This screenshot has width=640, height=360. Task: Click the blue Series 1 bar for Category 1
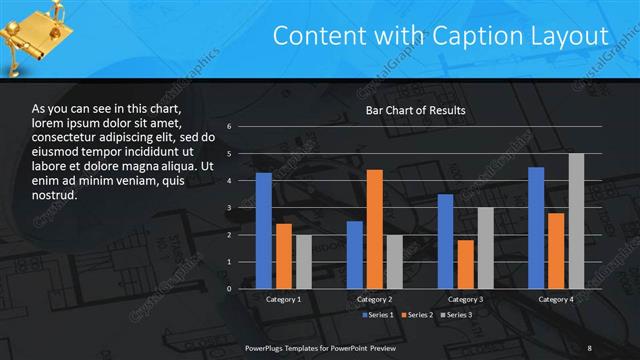pyautogui.click(x=264, y=231)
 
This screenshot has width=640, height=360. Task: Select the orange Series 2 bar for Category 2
pyautogui.click(x=375, y=229)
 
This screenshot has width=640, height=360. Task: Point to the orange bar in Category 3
pyautogui.click(x=465, y=264)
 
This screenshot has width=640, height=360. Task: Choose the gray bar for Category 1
pyautogui.click(x=303, y=262)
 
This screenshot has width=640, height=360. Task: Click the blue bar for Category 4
pyautogui.click(x=536, y=228)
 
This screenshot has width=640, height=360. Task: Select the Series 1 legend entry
pyautogui.click(x=377, y=315)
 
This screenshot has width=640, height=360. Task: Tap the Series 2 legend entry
pyautogui.click(x=417, y=315)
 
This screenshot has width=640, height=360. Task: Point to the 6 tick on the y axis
pyautogui.click(x=229, y=127)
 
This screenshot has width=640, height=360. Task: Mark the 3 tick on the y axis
pyautogui.click(x=229, y=208)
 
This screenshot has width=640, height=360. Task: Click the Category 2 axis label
pyautogui.click(x=374, y=300)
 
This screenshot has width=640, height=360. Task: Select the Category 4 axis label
pyautogui.click(x=556, y=300)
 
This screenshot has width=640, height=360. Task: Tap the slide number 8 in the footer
pyautogui.click(x=589, y=347)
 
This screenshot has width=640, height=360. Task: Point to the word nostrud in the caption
pyautogui.click(x=55, y=195)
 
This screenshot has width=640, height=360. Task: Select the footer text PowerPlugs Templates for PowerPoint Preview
pyautogui.click(x=321, y=347)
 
